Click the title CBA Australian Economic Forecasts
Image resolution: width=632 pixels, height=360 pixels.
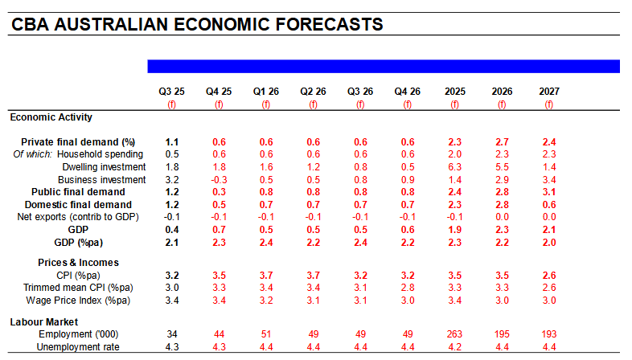[197, 24]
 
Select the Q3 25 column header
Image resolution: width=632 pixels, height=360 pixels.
[171, 92]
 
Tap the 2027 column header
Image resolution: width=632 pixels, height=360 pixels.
[549, 92]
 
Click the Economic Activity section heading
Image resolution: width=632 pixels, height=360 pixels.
[51, 117]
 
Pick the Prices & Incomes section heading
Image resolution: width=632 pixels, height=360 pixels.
[78, 263]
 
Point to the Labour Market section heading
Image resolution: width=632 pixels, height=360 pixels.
[44, 321]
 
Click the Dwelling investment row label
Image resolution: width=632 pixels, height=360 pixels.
[104, 166]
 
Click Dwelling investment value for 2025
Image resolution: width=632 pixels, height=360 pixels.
[454, 166]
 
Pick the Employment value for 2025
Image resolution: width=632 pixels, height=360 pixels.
[454, 333]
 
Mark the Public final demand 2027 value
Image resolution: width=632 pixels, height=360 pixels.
[549, 192]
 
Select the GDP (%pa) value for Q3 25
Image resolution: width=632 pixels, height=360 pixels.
[171, 242]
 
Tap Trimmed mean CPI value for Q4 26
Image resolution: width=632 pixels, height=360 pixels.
[407, 288]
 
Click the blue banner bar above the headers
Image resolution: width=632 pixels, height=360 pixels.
[383, 66]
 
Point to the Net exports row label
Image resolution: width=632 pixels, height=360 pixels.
[78, 217]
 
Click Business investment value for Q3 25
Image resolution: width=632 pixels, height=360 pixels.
[171, 179]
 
